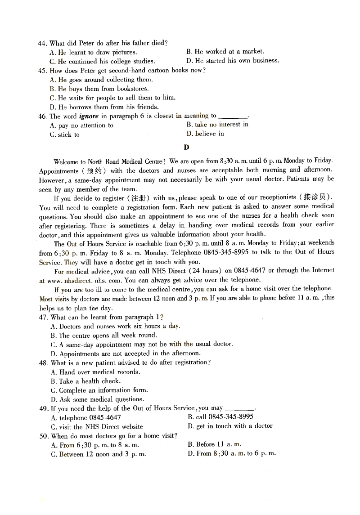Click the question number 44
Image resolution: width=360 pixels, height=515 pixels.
coord(43,43)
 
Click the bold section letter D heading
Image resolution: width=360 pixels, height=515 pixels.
coord(186,147)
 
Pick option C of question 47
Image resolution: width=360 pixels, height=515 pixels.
coord(142,344)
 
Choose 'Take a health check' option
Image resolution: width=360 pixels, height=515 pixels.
coord(85,381)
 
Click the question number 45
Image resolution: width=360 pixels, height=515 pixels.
coord(43,70)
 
